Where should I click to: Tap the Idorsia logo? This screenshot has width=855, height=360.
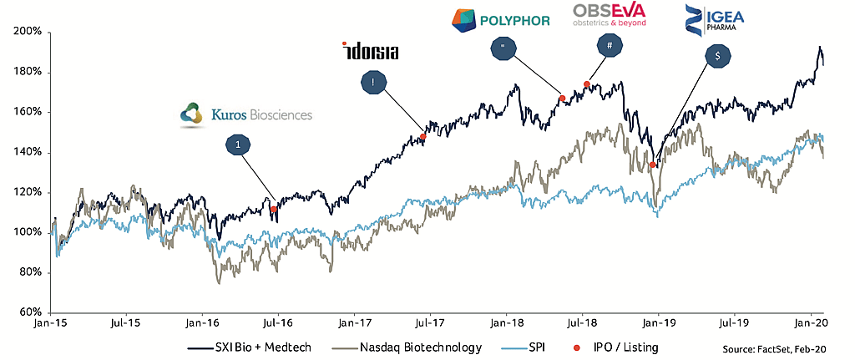coord(370,51)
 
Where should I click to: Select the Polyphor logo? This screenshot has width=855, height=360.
coord(500,18)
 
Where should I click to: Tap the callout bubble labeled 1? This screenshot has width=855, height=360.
coord(238,145)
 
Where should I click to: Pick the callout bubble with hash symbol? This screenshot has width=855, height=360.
coord(610,46)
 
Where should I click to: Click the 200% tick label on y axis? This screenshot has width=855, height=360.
coord(28,33)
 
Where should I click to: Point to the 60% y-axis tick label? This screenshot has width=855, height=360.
coord(31,312)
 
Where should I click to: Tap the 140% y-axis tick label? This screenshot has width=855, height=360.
coord(28,153)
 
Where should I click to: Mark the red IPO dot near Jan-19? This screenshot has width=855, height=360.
coord(652,165)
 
